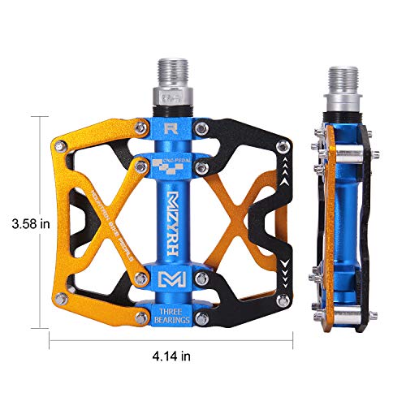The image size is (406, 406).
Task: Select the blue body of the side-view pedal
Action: pos(341,219)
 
